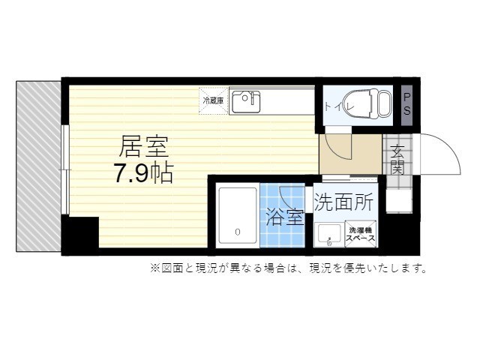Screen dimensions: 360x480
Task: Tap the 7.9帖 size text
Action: click(143, 173)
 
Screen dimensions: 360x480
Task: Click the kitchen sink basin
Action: click(244, 101)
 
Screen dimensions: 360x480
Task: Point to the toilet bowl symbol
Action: click(375, 104)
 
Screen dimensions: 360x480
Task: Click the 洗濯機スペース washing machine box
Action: click(361, 232)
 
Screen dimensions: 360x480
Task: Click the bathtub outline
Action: click(236, 217)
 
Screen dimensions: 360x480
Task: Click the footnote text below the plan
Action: click(288, 268)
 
